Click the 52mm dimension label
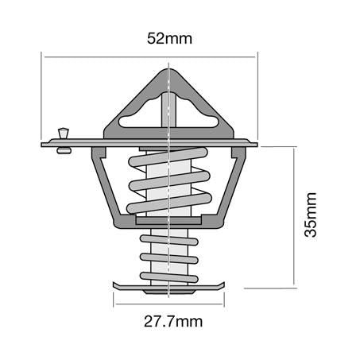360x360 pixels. coord(170,37)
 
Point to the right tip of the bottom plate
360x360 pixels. coord(226,284)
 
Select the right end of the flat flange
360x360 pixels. coord(257,145)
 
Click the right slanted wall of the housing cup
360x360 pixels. coord(233,187)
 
